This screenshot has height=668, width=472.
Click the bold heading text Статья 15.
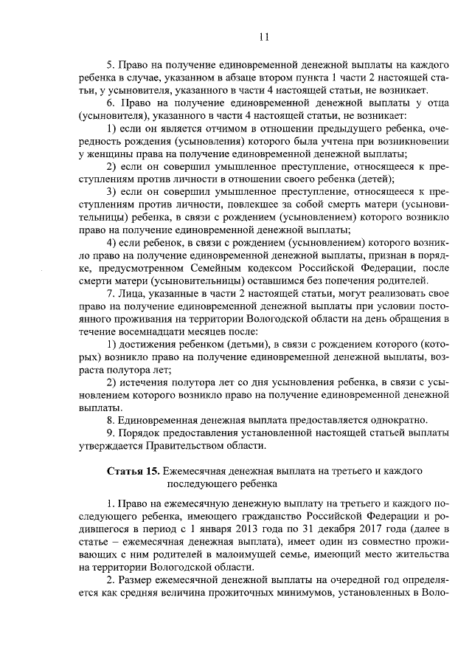[x=132, y=470]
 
